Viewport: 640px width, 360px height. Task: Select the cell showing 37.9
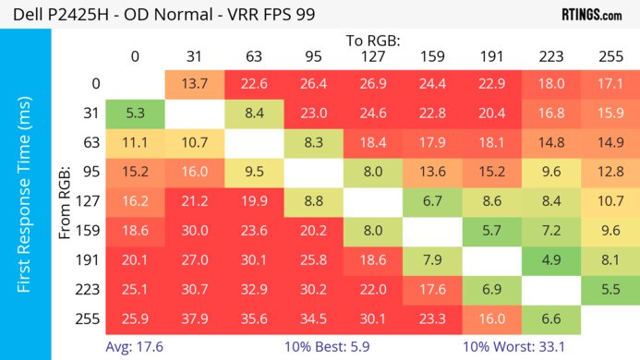193,318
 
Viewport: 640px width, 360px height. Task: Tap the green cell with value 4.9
550,258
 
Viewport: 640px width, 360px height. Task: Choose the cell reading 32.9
252,289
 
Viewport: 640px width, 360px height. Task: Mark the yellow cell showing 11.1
135,143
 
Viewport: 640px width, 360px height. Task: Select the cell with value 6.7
433,200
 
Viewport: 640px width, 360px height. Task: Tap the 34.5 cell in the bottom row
314,318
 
